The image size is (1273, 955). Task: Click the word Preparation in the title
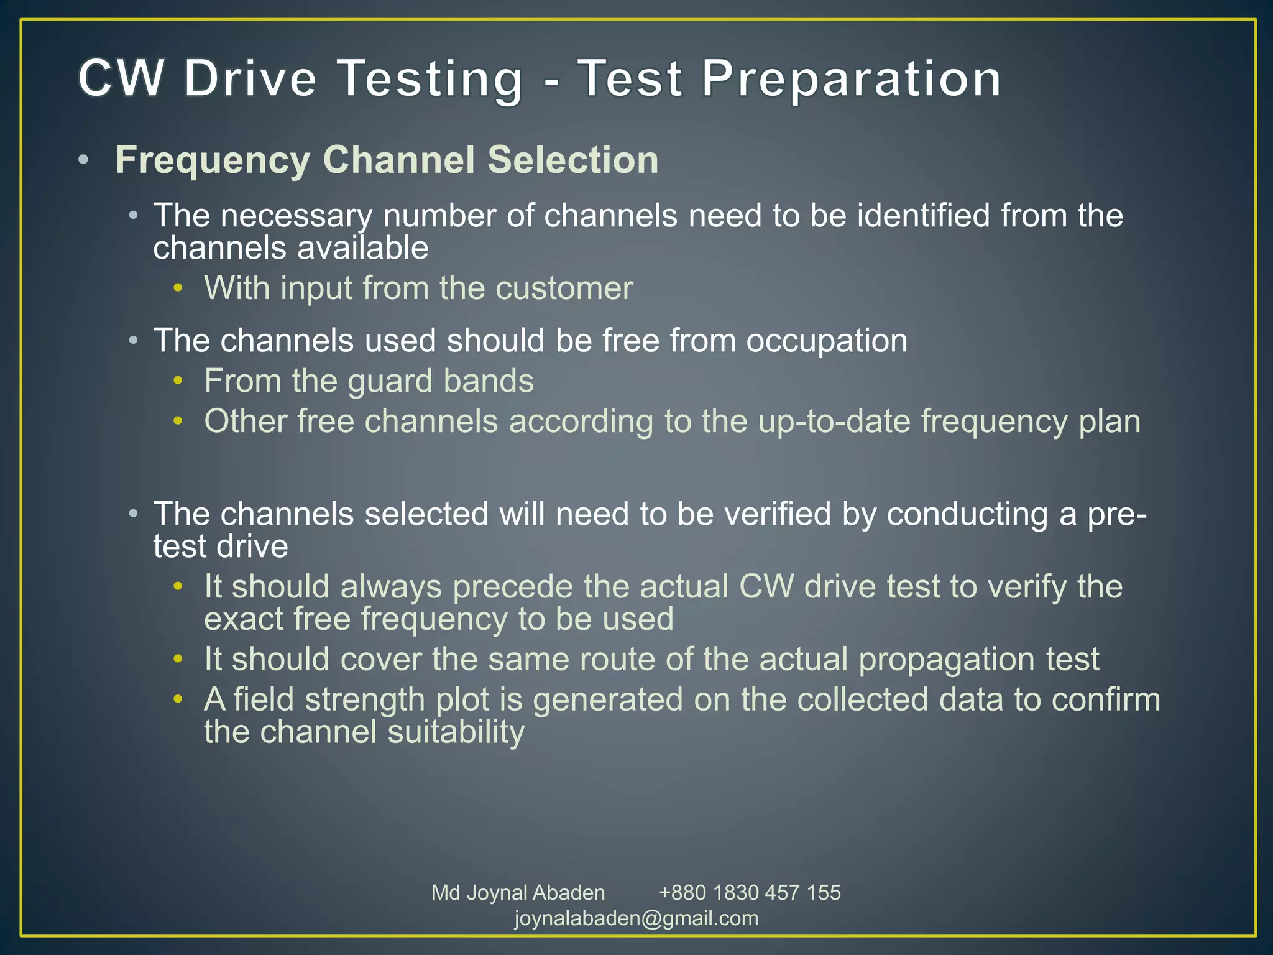852,79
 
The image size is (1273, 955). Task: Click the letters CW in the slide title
122,79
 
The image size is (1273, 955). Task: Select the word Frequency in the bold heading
213,160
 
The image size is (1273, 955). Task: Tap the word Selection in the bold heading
572,160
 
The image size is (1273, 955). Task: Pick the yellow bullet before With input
178,288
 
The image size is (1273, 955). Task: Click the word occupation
826,341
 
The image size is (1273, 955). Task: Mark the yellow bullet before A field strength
178,699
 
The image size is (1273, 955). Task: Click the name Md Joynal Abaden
518,893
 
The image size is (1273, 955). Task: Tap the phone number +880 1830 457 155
750,893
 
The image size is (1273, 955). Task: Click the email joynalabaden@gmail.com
636,918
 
